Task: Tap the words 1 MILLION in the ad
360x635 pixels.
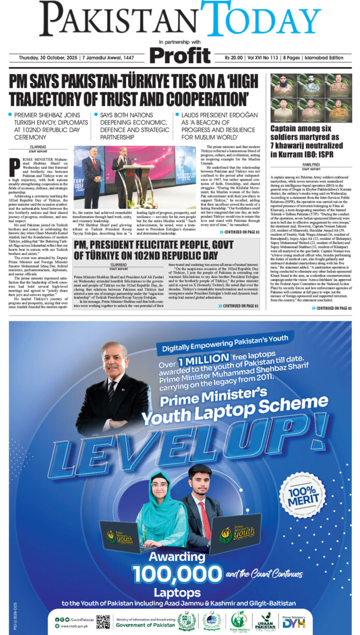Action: pyautogui.click(x=203, y=359)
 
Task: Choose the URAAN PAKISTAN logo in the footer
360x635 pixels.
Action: pyautogui.click(x=267, y=621)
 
